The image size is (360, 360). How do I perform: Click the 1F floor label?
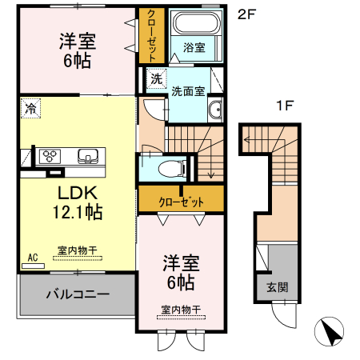[x=285, y=106]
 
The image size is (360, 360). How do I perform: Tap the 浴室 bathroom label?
[x=194, y=47]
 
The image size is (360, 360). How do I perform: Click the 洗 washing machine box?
[x=156, y=78]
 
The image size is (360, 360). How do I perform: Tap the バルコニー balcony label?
[x=77, y=294]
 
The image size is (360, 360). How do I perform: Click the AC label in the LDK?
[x=33, y=257]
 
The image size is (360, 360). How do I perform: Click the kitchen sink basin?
[x=87, y=155]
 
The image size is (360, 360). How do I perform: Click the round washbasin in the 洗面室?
[x=214, y=110]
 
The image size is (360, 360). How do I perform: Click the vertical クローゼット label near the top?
[x=148, y=36]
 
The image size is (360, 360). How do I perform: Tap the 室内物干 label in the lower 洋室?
[x=180, y=309]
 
